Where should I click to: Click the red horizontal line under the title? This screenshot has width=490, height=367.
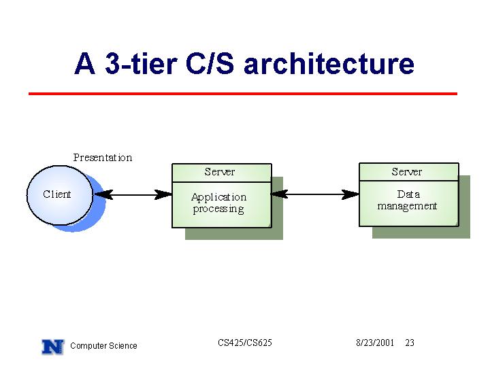point(243,94)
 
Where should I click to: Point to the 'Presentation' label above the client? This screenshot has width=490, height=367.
point(103,158)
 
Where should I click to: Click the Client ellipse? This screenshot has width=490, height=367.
point(60,195)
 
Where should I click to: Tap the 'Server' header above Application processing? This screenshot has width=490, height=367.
point(220,172)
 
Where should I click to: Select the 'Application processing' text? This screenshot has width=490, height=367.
point(218,203)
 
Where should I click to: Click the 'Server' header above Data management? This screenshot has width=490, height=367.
point(407,172)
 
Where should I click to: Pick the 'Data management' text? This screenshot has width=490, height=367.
point(407,200)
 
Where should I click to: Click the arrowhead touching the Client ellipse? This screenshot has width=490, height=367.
point(103,194)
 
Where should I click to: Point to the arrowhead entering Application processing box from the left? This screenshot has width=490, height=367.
point(163,194)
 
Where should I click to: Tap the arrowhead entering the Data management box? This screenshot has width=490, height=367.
point(350,194)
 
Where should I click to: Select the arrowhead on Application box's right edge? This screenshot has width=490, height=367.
point(280,194)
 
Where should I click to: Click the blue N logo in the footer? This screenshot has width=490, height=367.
point(53,347)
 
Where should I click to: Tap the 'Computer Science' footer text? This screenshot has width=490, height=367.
point(103,346)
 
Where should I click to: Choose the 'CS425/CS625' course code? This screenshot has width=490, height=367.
point(245,343)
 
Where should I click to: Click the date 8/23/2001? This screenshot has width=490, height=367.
point(375,343)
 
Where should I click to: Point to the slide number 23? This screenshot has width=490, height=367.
point(410,343)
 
